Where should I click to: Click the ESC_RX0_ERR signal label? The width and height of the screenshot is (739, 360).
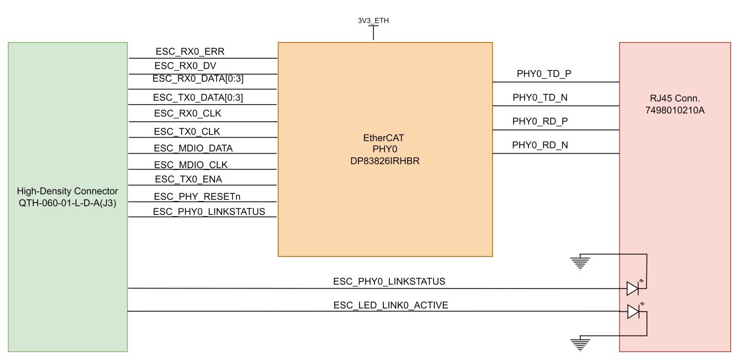pos(189,52)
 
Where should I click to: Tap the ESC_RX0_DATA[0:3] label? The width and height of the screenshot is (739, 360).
pos(198,79)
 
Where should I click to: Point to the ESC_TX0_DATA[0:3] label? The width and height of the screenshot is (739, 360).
pos(198,98)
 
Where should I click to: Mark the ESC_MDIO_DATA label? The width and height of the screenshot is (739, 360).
pos(193,148)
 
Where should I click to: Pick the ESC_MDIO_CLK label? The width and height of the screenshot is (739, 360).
pos(191,164)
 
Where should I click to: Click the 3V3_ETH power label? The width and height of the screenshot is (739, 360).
pos(373,21)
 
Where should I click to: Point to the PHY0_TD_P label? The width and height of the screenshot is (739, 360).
pos(540,73)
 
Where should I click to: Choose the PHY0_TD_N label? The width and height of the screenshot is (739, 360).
pos(540,97)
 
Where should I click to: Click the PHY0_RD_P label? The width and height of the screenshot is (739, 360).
pos(540,121)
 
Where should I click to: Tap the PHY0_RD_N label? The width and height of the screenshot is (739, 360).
pos(540,145)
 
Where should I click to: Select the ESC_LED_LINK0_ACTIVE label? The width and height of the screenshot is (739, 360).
pos(390,305)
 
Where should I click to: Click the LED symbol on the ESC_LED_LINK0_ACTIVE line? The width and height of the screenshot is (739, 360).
pos(633,312)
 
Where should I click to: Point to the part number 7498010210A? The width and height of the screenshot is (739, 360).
pos(675,111)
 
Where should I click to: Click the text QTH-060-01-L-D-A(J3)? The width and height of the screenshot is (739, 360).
pos(68,203)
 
